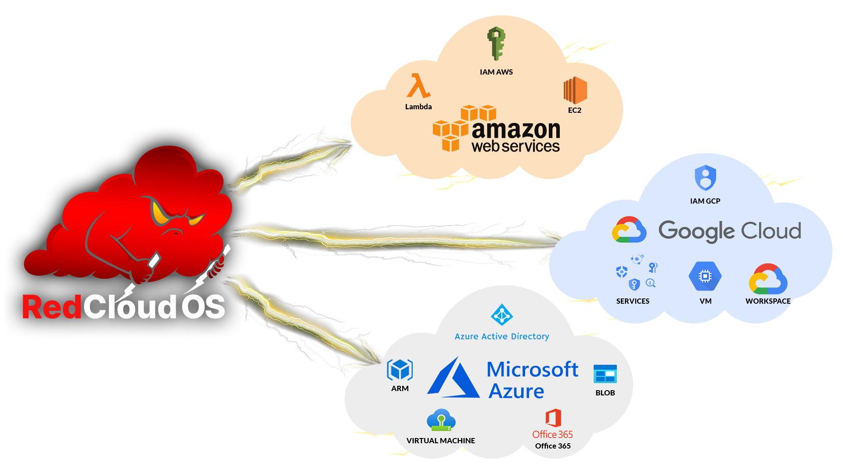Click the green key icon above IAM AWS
(x=496, y=43)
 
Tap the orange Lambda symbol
(x=418, y=86)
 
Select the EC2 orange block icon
(x=575, y=90)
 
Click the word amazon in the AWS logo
(x=516, y=130)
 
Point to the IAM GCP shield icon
(x=705, y=178)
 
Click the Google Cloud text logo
(x=730, y=231)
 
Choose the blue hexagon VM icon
(x=705, y=276)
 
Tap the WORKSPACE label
(x=768, y=301)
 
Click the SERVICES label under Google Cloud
(x=633, y=301)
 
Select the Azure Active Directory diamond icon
(x=502, y=315)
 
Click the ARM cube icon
(x=400, y=370)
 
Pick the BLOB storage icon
(x=605, y=374)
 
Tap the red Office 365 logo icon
(x=553, y=418)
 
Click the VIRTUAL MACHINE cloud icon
(x=441, y=420)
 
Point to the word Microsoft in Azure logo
(x=532, y=370)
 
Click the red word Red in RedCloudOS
(x=52, y=307)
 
